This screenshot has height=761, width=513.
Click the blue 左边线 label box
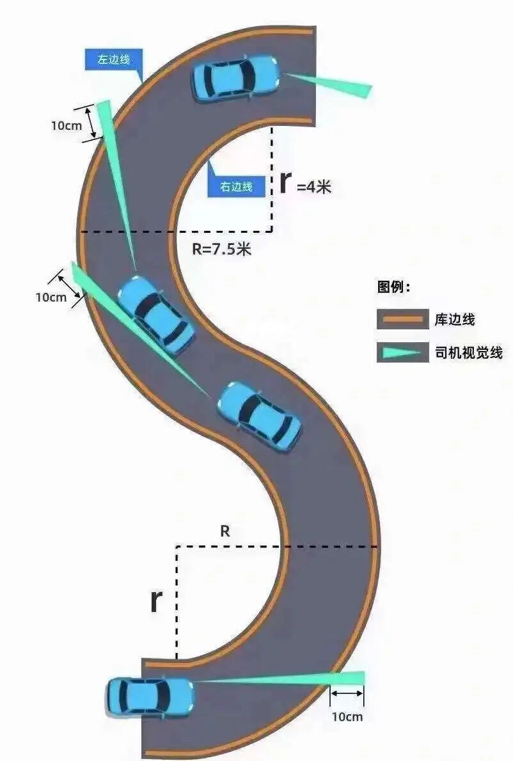point(113,60)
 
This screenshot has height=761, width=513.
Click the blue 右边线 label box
point(236,187)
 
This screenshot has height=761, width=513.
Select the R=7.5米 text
point(222,249)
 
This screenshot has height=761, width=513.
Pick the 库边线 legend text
point(455,319)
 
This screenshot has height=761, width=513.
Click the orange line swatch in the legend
point(402,319)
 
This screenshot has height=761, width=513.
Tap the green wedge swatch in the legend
point(402,352)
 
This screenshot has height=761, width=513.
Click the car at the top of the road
point(236,78)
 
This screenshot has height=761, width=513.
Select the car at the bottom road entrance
point(150,696)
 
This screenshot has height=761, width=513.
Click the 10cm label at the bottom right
point(347,717)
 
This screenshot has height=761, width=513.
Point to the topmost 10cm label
point(67,125)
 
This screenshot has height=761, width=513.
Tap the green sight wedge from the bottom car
point(288,679)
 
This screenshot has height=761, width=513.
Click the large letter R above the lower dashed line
point(225,531)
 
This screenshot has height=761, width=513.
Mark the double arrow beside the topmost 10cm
point(91,122)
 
